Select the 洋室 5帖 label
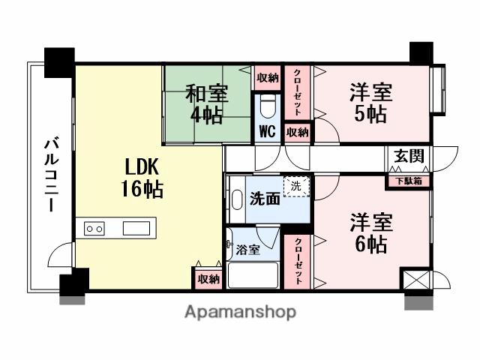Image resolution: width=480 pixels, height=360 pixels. point(370,104)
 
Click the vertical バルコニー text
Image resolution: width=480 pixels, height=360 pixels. point(52,174)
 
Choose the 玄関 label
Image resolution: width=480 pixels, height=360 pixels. point(409,157)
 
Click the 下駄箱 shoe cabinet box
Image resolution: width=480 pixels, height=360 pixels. point(409,180)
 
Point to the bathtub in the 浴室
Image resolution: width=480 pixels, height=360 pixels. point(254,274)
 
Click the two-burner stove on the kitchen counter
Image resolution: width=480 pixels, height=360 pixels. point(94,228)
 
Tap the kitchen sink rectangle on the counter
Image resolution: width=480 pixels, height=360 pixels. point(138,228)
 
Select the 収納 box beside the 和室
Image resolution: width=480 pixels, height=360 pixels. point(268,78)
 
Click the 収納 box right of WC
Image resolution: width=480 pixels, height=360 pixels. point(298,133)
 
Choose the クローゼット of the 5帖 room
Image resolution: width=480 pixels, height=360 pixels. point(298,91)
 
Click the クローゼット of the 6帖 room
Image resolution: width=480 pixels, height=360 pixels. point(298,262)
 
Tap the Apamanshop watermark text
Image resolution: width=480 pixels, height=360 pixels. point(240,311)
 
